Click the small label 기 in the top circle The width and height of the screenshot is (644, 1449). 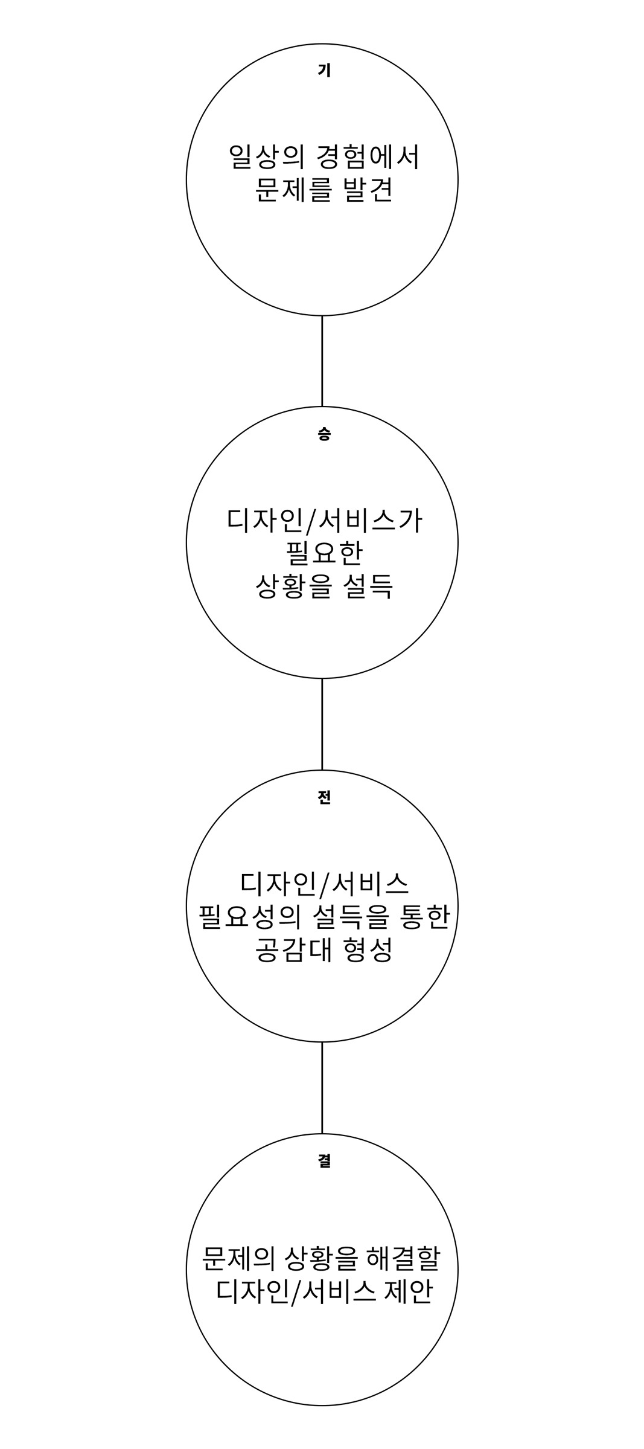tap(324, 71)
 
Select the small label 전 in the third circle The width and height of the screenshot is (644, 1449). tap(324, 797)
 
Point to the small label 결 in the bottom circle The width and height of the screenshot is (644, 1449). tap(324, 1160)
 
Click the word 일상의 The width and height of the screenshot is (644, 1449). tap(266, 158)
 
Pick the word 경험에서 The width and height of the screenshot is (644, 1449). tap(368, 158)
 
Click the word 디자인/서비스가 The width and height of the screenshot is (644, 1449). tap(324, 521)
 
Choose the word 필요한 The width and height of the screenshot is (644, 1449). tap(324, 553)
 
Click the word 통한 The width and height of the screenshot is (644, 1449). tap(426, 917)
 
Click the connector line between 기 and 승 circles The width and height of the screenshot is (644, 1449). tap(322, 361)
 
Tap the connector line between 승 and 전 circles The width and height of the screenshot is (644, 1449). tap(322, 724)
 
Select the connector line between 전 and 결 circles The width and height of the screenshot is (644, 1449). tap(322, 1087)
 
